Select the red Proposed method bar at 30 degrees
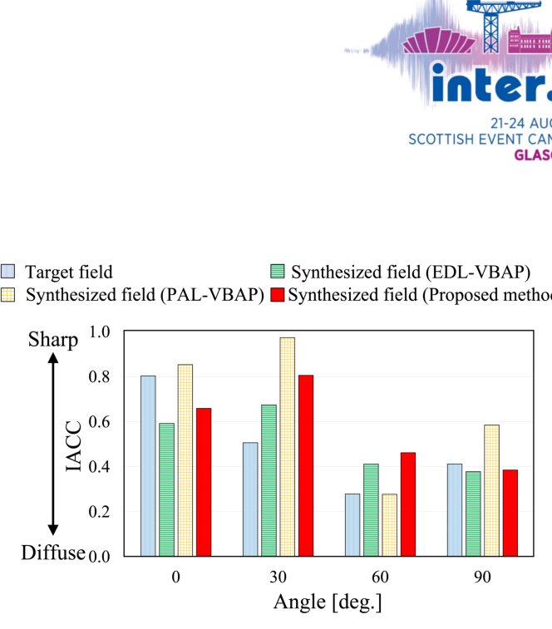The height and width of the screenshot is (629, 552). [305, 465]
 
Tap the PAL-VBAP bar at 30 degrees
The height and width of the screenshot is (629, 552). [287, 447]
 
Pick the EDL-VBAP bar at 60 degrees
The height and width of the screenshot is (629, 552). [371, 509]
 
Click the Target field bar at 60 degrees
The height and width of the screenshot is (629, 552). [352, 524]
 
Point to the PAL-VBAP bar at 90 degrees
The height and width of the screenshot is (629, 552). [490, 490]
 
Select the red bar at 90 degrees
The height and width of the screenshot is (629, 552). [510, 513]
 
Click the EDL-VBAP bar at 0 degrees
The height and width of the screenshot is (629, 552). [166, 489]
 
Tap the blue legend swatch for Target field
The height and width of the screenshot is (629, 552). [9, 272]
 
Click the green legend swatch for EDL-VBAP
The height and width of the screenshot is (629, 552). [278, 272]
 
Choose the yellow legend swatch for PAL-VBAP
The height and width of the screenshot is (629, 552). [9, 295]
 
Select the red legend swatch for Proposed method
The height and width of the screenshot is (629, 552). [278, 295]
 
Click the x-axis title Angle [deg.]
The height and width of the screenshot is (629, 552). [328, 601]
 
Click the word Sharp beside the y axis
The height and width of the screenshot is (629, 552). [53, 339]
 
